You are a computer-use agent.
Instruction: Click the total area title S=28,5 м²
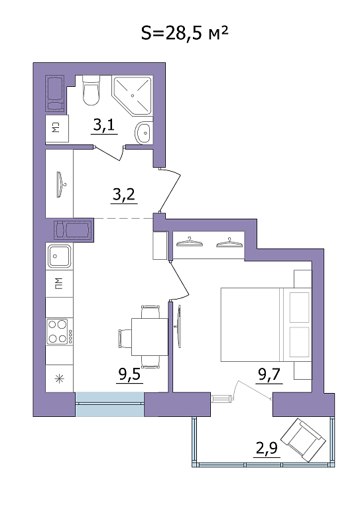185,32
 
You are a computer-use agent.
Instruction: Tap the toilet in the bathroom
91,90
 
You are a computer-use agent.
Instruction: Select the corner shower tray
132,95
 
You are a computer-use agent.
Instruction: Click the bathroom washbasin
143,133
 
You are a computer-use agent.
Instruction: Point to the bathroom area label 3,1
104,125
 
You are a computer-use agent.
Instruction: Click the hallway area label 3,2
124,195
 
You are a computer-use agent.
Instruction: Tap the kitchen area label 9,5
129,374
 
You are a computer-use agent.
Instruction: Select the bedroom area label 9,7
269,375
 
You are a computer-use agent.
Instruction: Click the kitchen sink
59,256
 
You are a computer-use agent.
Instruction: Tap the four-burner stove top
59,331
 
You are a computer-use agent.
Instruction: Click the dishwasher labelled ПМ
59,284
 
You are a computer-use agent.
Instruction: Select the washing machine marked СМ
57,129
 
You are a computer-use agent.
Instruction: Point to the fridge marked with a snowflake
59,378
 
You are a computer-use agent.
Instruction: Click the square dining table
150,337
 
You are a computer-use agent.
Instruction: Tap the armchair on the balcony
303,440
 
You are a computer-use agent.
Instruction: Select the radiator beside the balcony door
222,398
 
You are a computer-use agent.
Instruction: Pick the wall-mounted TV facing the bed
178,326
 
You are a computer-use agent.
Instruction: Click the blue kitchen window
109,404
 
